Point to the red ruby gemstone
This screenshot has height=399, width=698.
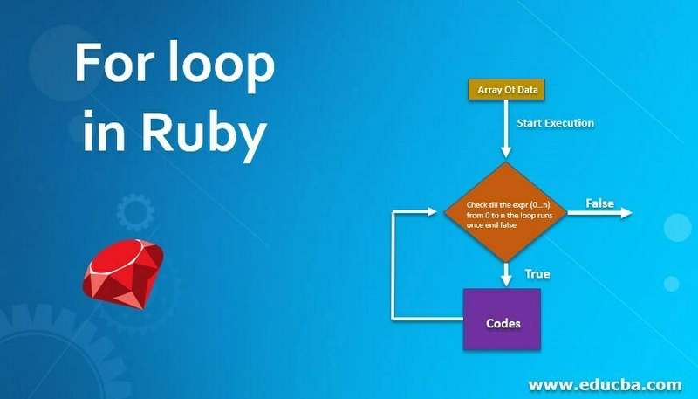(x=123, y=273)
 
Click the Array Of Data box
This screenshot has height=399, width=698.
(x=506, y=90)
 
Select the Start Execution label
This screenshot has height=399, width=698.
(x=555, y=123)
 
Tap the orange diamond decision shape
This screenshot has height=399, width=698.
(x=506, y=212)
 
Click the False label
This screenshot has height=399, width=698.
(x=599, y=203)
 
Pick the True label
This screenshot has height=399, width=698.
(x=537, y=273)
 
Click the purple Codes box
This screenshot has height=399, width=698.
(x=503, y=319)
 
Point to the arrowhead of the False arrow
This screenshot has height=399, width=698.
(x=626, y=213)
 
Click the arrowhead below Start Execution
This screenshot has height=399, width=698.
(x=506, y=152)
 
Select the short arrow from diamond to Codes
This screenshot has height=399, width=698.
(x=506, y=274)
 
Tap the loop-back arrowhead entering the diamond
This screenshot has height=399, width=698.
(x=432, y=212)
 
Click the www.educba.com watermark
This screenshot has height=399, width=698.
(x=605, y=384)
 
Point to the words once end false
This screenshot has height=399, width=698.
(x=491, y=225)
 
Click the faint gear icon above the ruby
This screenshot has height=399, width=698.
(x=135, y=212)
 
